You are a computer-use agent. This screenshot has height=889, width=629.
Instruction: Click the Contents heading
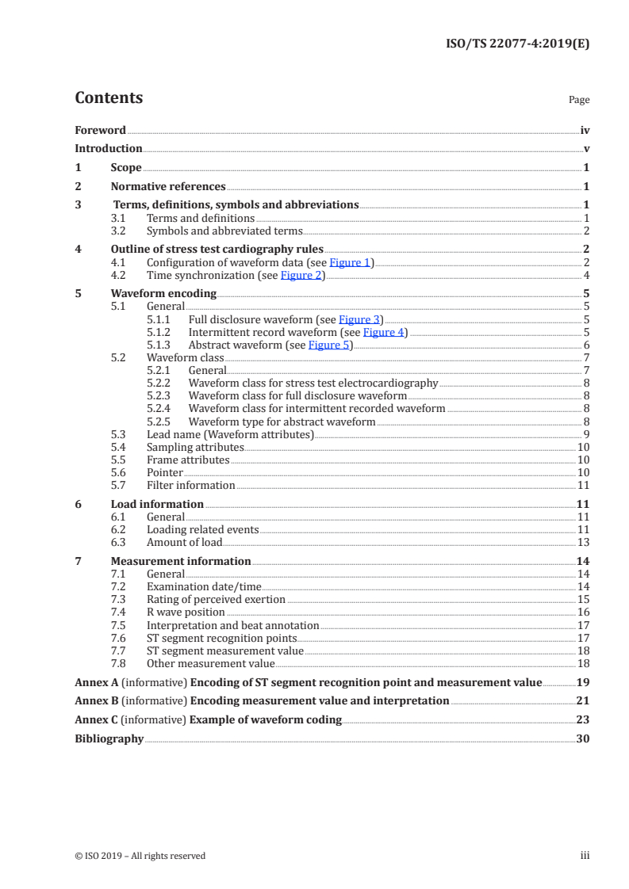[x=109, y=98]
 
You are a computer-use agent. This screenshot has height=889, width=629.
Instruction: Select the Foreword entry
[x=100, y=130]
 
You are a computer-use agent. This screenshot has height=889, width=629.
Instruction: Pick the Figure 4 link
[x=383, y=332]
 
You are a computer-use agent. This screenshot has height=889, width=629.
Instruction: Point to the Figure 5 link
[x=328, y=345]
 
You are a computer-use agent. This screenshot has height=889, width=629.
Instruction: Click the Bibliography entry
[x=109, y=738]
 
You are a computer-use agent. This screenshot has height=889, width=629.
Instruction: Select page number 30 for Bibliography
[x=583, y=738]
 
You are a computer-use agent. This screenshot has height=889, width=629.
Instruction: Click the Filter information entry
[x=190, y=485]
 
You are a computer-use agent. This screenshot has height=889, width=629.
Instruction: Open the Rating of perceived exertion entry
[x=216, y=600]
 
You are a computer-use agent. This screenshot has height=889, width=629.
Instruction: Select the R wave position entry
[x=186, y=612]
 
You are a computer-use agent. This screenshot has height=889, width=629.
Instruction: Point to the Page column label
[x=579, y=100]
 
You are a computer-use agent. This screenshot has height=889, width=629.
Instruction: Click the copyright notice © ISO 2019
[x=140, y=856]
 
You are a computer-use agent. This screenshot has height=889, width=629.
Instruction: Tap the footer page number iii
[x=585, y=856]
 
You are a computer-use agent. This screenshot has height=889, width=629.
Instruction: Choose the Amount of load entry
[x=184, y=542]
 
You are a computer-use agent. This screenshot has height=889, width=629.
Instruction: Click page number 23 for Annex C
[x=583, y=719]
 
